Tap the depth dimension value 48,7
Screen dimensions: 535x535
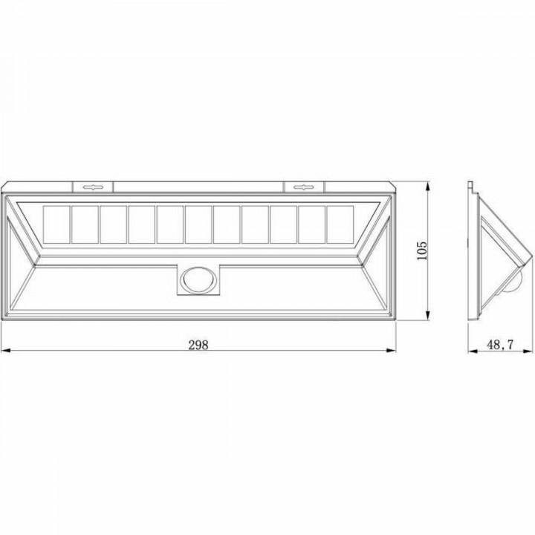point(499,344)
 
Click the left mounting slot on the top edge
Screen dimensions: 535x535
point(93,187)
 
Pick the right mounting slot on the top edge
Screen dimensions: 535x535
point(303,187)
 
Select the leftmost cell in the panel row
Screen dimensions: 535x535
point(57,224)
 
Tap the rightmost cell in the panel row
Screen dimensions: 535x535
point(339,224)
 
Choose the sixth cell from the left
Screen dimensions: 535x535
point(198,224)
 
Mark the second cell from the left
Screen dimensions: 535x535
point(85,224)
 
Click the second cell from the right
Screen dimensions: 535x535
point(311,224)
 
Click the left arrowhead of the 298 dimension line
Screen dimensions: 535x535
point(4,351)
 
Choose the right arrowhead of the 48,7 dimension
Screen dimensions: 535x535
point(531,351)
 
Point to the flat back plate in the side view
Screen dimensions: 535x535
point(471,253)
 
